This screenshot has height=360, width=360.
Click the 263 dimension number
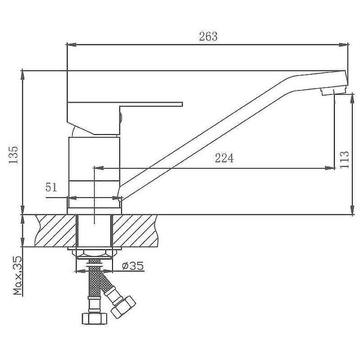coord(208,36)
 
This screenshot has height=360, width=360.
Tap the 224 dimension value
coord(224,158)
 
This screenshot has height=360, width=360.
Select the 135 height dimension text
coord(13,155)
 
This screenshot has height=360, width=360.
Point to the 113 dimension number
coord(344,160)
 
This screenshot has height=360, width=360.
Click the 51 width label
coord(51,187)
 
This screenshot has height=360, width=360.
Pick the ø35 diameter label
coord(133,266)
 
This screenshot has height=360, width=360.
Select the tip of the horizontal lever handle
coord(182,104)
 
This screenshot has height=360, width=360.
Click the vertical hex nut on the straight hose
coord(94,318)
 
